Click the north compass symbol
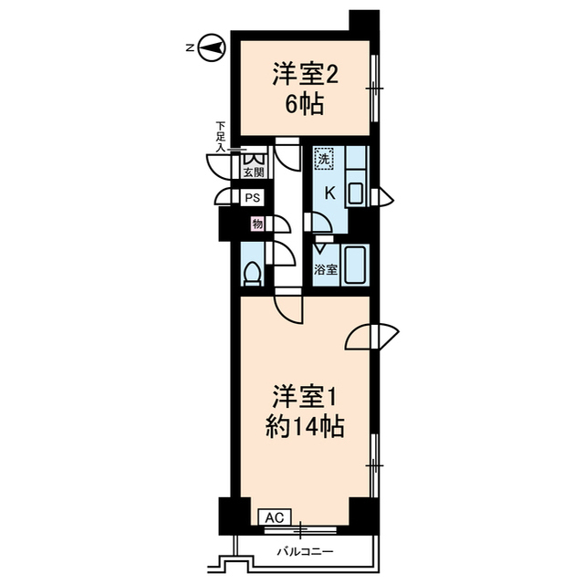tap(212, 48)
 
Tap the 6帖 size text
tap(305, 104)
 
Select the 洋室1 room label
tap(305, 399)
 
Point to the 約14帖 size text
tap(305, 425)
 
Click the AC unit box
tap(274, 517)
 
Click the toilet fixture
tap(253, 272)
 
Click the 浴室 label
tap(326, 270)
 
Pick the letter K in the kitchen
tap(329, 193)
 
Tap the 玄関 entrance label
tap(253, 172)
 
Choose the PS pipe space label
tap(253, 197)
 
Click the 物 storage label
tap(257, 224)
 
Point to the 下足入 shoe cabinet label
tap(221, 136)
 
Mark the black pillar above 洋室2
tap(364, 23)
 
